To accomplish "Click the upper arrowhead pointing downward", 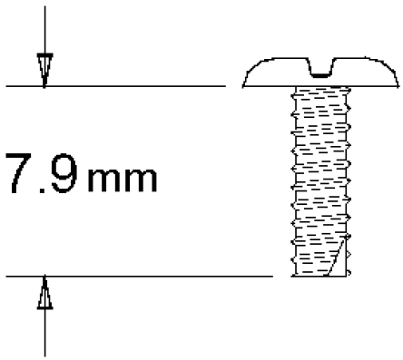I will click(x=44, y=69).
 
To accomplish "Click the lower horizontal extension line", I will click(x=136, y=275).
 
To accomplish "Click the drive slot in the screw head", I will click(x=321, y=69).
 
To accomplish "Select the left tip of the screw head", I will click(x=244, y=85).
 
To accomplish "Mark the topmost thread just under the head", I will click(x=321, y=93).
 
